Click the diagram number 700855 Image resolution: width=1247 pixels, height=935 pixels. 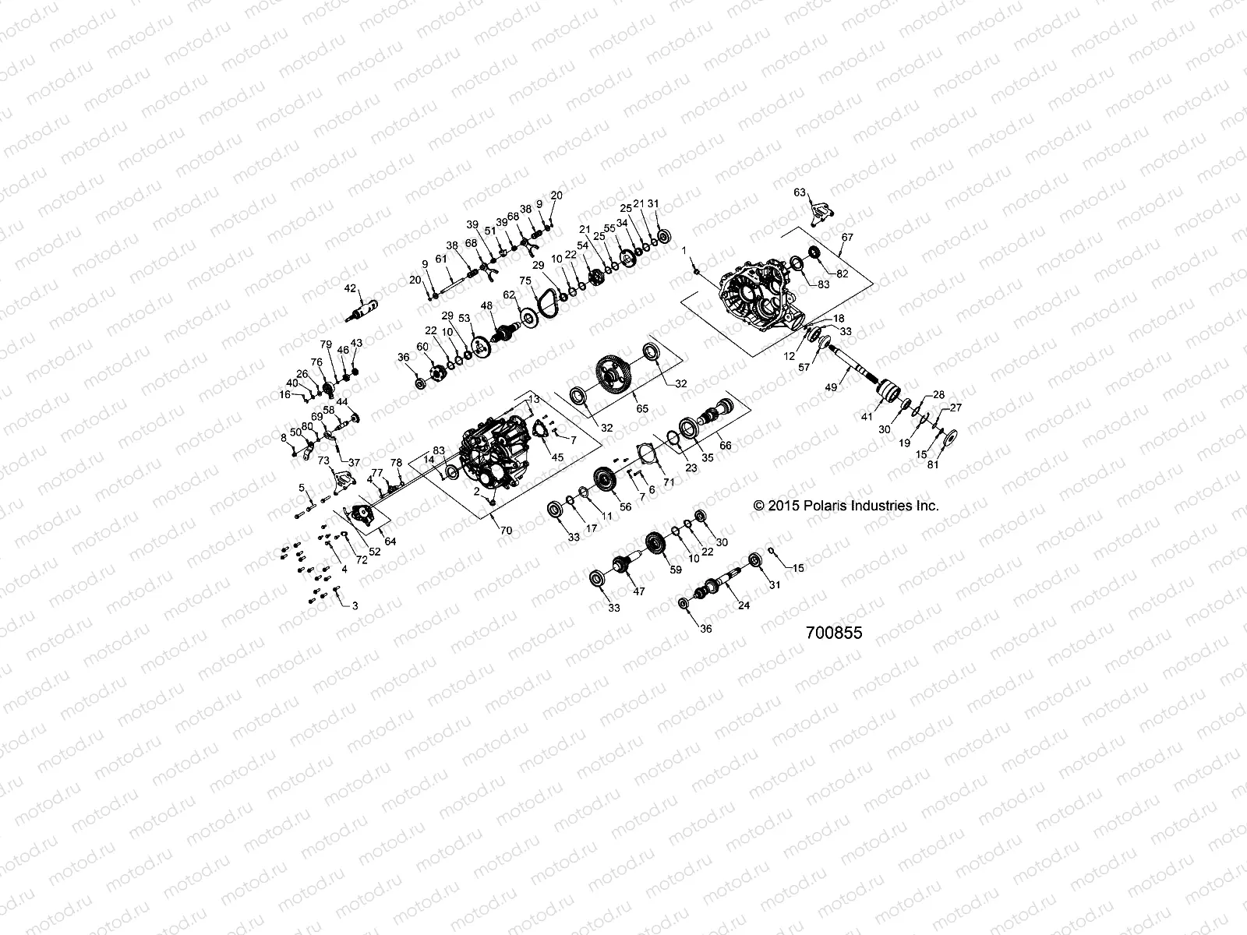[834, 633]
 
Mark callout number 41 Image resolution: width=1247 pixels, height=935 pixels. [867, 418]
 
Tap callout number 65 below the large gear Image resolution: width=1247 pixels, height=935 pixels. [641, 408]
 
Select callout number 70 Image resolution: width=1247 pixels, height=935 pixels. [505, 531]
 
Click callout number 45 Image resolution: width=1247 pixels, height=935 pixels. [556, 457]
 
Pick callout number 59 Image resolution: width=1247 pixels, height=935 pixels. [675, 570]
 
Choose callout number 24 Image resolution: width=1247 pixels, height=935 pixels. [744, 605]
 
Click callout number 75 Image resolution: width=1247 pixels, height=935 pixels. [525, 280]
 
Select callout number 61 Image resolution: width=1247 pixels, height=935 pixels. [440, 258]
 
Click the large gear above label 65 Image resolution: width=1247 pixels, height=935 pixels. [616, 370]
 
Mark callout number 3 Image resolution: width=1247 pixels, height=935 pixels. [356, 605]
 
